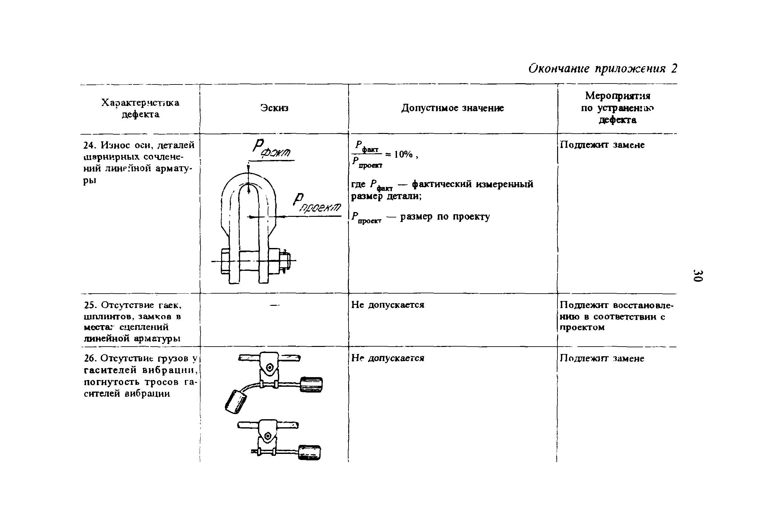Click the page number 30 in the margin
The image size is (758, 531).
[698, 276]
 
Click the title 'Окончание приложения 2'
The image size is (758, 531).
[602, 69]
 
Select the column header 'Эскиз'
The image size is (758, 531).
[274, 108]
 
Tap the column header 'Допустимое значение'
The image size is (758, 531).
[452, 108]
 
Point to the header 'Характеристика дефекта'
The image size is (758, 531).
[140, 108]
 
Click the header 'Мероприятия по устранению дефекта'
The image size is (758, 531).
[617, 108]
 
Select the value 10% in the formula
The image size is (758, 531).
[403, 154]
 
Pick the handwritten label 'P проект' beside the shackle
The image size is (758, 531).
[317, 203]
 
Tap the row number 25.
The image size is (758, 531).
[89, 305]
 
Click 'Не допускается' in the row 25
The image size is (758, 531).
[387, 305]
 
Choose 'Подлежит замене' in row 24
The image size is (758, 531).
[602, 145]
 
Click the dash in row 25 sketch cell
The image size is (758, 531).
[274, 305]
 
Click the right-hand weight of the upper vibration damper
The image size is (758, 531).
[311, 385]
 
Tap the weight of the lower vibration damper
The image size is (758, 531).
[309, 453]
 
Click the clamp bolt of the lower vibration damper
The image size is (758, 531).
[268, 437]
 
